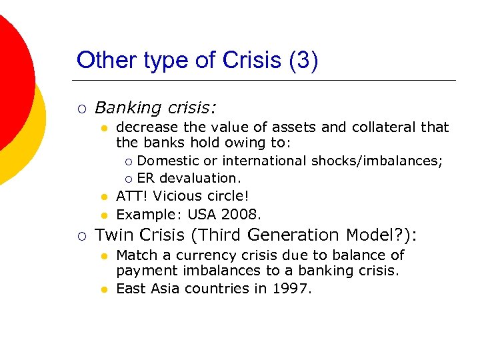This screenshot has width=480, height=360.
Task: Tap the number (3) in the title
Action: pos(304,60)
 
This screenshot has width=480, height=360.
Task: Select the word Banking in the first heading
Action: pos(127,107)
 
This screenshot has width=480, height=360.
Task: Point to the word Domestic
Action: pos(168,161)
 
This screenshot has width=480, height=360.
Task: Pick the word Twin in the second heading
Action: pos(115,235)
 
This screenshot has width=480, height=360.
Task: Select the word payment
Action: pos(142,271)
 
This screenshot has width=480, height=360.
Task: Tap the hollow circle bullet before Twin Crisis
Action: pos(81,235)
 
